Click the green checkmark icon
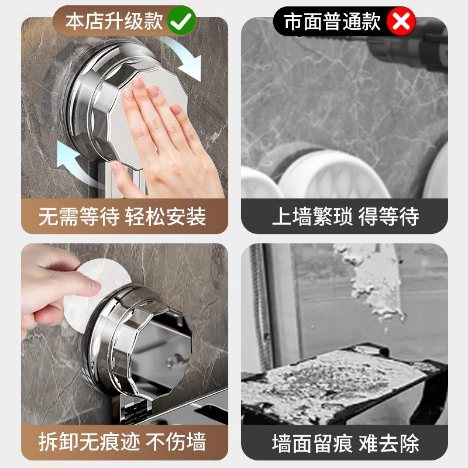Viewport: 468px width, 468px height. tap(181, 21)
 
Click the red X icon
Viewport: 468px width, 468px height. tap(401, 21)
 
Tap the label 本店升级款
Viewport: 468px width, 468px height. tap(114, 21)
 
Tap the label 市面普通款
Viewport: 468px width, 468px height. tap(332, 22)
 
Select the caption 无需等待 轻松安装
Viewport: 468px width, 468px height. tap(122, 216)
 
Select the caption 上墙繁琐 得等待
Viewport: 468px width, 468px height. tap(345, 216)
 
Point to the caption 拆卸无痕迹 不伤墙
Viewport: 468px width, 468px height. tap(122, 442)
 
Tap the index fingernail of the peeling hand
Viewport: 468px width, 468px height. tap(95, 286)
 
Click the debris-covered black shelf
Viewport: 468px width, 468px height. tap(343, 385)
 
